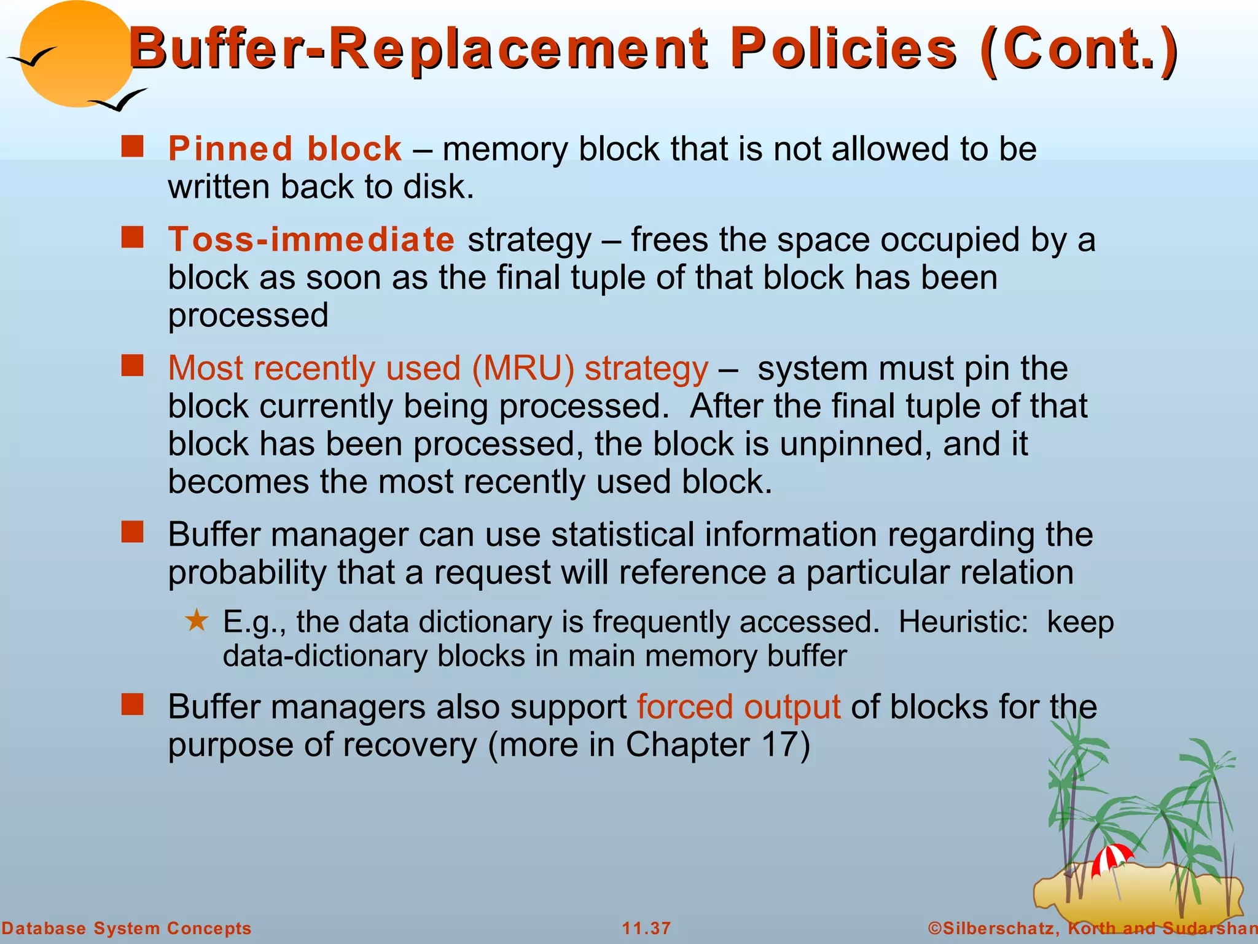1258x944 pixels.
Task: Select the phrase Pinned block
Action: [x=285, y=149]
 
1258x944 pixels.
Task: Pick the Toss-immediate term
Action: [x=311, y=239]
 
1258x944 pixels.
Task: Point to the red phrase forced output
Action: [x=738, y=707]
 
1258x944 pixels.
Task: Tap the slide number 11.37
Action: [x=646, y=928]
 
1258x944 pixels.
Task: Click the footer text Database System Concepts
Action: [x=127, y=928]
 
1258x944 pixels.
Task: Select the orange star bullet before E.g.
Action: [x=197, y=621]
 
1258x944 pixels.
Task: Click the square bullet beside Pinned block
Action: [x=132, y=147]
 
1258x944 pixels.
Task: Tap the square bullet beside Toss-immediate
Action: [x=132, y=237]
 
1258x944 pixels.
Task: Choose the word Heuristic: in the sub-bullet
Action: [x=963, y=622]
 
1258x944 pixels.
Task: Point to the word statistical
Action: [x=622, y=535]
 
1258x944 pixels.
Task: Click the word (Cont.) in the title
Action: [x=1079, y=49]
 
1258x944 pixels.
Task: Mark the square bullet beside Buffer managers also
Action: [x=132, y=705]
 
